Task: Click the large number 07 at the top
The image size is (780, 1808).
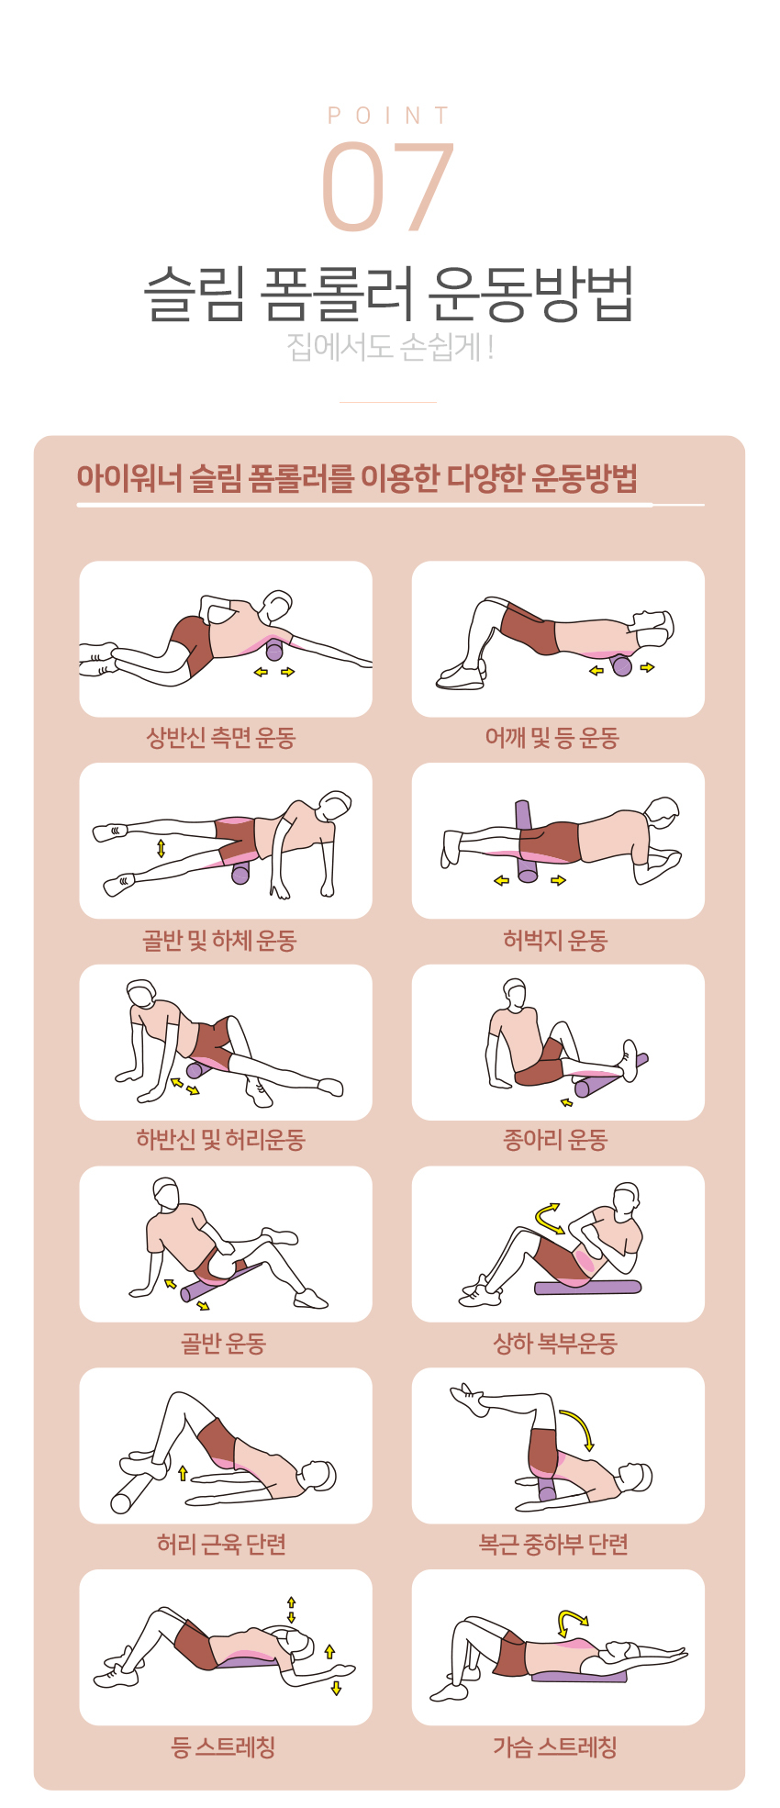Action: tap(388, 186)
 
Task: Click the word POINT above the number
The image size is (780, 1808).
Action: tap(389, 116)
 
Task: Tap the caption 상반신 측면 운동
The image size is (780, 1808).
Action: tap(221, 737)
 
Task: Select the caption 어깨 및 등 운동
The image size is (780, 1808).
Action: tap(552, 737)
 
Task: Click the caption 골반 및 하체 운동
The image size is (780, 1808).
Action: tap(219, 940)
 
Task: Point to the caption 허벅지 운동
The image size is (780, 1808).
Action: tap(555, 940)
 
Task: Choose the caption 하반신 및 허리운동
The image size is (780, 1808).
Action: tap(220, 1140)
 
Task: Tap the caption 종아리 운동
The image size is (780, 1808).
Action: tap(555, 1140)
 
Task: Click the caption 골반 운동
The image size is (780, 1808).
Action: tap(223, 1344)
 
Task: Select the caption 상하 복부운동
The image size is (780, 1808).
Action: tap(555, 1344)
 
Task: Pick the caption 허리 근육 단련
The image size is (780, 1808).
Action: tap(221, 1544)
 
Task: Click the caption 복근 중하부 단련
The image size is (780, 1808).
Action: tap(553, 1544)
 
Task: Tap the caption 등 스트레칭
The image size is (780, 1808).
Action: tap(223, 1747)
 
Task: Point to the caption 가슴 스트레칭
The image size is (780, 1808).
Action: tap(554, 1747)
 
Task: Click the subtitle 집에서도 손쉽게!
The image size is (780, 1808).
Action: tap(390, 347)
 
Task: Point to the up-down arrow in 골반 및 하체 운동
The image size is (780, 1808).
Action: tap(162, 848)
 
